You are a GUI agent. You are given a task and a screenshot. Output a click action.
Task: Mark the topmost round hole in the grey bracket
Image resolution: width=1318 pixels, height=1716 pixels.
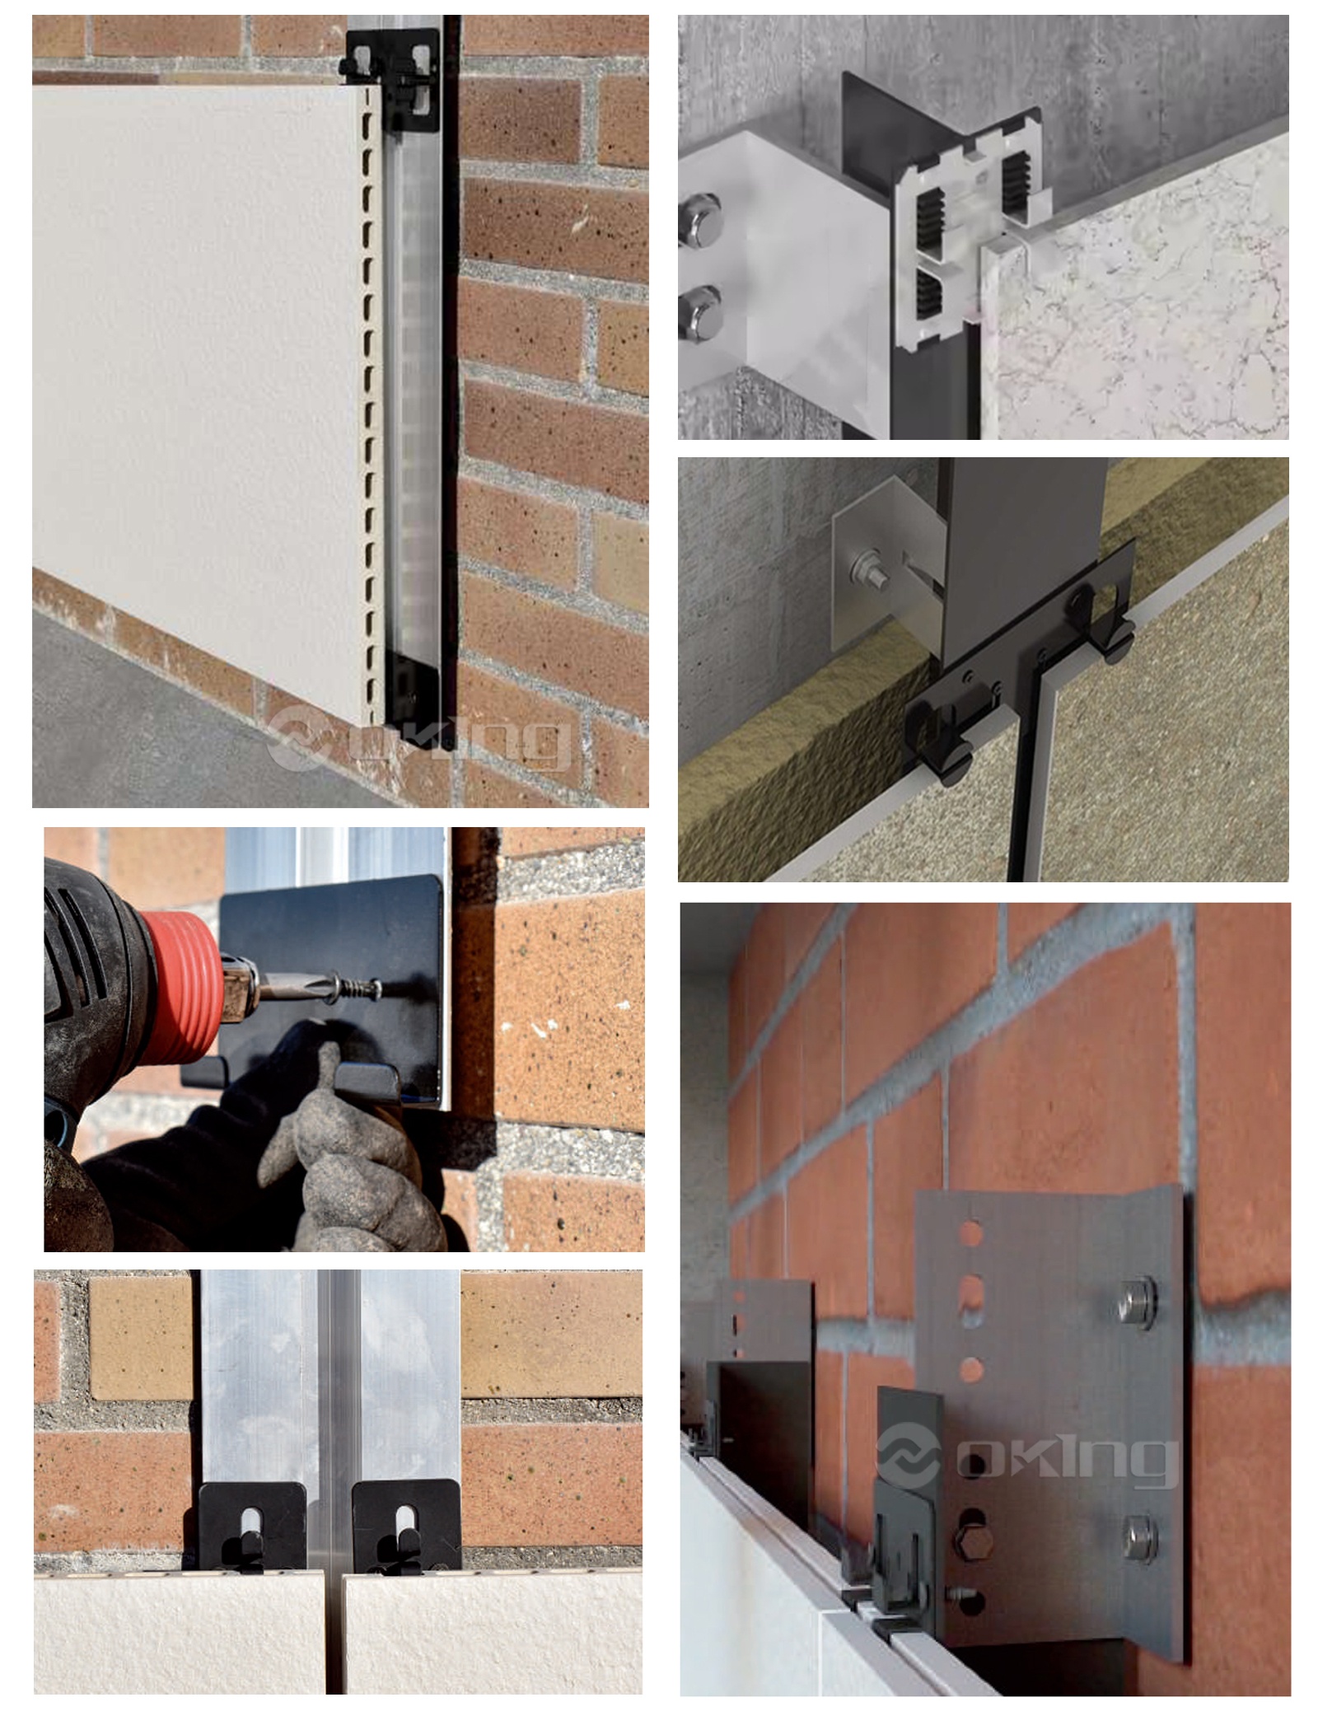coord(972,1233)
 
